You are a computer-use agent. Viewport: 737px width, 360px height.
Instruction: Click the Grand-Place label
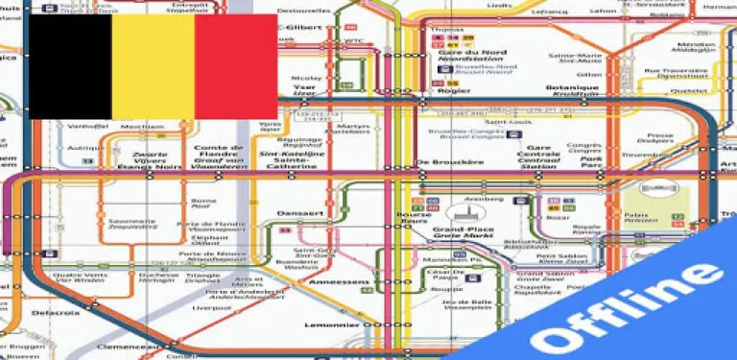(456, 230)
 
